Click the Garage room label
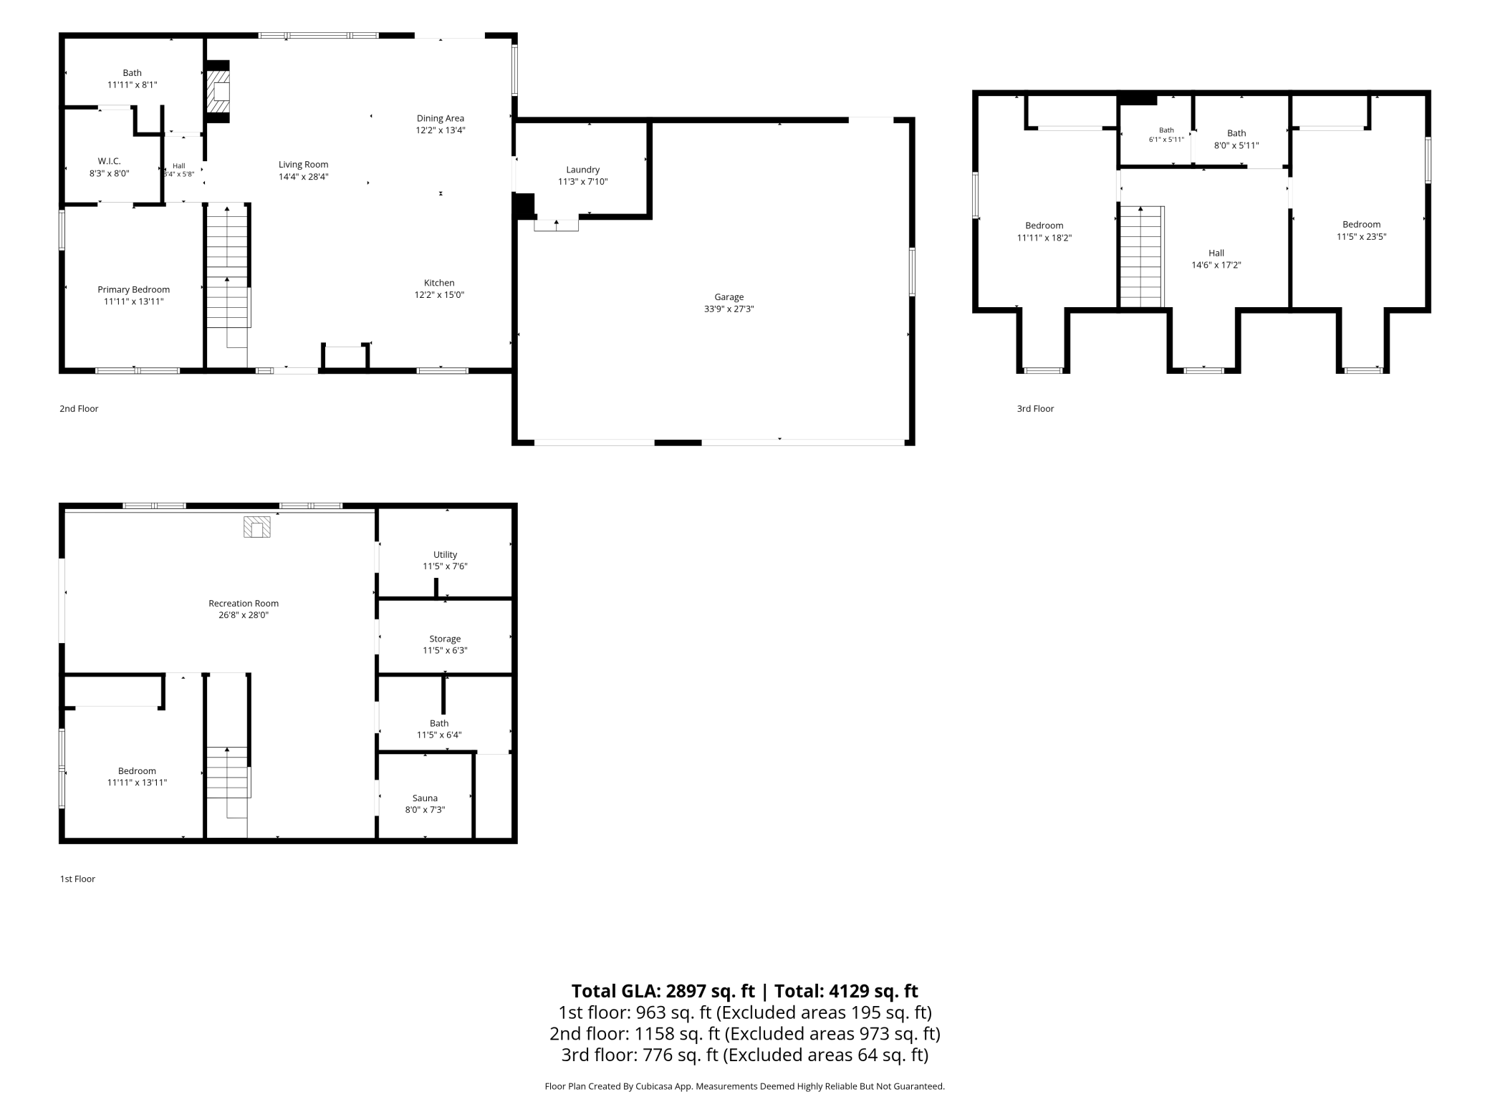point(729,296)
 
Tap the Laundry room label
point(582,170)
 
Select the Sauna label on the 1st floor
point(425,798)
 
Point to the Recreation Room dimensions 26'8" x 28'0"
point(244,615)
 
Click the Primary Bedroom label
point(134,290)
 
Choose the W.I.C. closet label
point(110,161)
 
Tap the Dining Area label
point(441,118)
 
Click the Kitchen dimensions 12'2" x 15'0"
point(439,294)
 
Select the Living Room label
point(304,165)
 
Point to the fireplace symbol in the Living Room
point(218,92)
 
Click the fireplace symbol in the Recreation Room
point(257,527)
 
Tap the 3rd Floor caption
point(1035,409)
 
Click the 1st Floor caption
point(77,879)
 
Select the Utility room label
point(445,555)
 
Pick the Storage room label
point(445,639)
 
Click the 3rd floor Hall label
point(1216,253)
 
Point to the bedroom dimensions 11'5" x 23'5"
point(1361,236)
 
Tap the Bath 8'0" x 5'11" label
point(1236,139)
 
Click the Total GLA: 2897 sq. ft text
point(663,991)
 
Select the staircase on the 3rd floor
point(1142,256)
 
